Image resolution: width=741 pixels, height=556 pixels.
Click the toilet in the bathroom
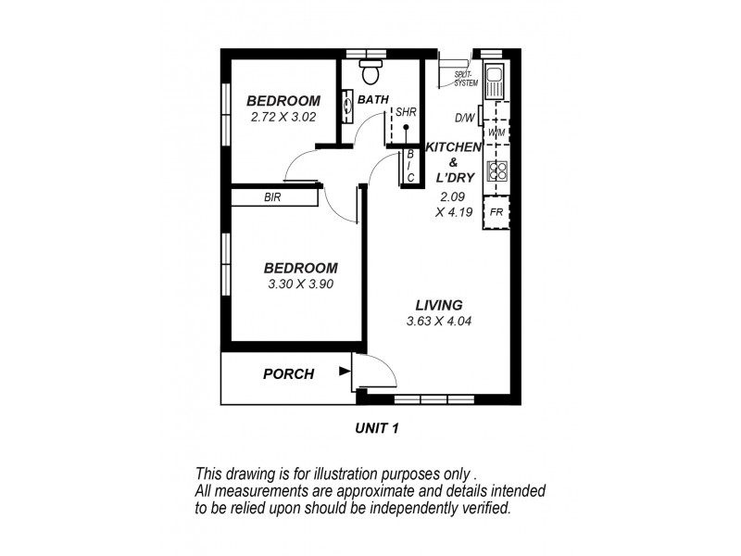click(x=371, y=70)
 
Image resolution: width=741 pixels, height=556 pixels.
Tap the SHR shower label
click(x=406, y=111)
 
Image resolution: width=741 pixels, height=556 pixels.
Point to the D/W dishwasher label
click(x=464, y=118)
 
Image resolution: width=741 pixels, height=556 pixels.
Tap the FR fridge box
click(x=496, y=212)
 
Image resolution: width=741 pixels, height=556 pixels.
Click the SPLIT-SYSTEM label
click(x=465, y=78)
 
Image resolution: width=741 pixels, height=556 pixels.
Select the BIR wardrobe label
click(x=272, y=197)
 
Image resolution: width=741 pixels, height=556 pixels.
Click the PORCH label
click(x=288, y=374)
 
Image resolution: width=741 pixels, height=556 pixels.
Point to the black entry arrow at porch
click(x=345, y=373)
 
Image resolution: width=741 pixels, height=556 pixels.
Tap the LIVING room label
click(x=438, y=306)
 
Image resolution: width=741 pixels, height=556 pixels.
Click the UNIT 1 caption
click(x=376, y=428)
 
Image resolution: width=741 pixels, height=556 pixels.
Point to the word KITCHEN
click(x=453, y=146)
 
